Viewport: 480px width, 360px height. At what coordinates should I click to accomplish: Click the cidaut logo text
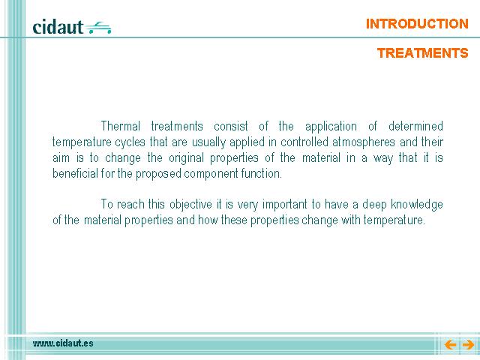pyautogui.click(x=58, y=27)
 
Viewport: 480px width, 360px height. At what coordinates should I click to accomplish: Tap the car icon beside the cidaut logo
pyautogui.click(x=98, y=28)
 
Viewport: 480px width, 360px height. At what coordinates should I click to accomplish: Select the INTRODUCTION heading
pyautogui.click(x=417, y=24)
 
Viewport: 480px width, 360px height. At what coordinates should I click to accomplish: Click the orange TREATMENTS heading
pyautogui.click(x=422, y=53)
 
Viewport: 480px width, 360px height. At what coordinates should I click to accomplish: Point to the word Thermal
pyautogui.click(x=121, y=126)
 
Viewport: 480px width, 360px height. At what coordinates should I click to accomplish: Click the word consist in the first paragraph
pyautogui.click(x=231, y=126)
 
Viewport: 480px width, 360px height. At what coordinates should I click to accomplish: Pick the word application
pyautogui.click(x=331, y=127)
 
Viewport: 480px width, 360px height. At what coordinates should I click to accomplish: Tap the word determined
pyautogui.click(x=415, y=126)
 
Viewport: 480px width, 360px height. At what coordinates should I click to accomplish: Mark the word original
pyautogui.click(x=186, y=158)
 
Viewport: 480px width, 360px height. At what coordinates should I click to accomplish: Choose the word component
pyautogui.click(x=211, y=174)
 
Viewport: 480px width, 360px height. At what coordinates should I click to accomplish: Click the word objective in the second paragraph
pyautogui.click(x=190, y=205)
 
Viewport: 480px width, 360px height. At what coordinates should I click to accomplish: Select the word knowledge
pyautogui.click(x=417, y=205)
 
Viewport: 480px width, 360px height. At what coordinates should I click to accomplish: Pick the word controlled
pyautogui.click(x=304, y=142)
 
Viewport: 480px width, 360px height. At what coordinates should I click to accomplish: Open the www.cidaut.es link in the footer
pyautogui.click(x=63, y=343)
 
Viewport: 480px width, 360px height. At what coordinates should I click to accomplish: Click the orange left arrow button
pyautogui.click(x=450, y=345)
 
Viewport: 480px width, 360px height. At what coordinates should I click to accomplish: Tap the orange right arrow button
pyautogui.click(x=468, y=345)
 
